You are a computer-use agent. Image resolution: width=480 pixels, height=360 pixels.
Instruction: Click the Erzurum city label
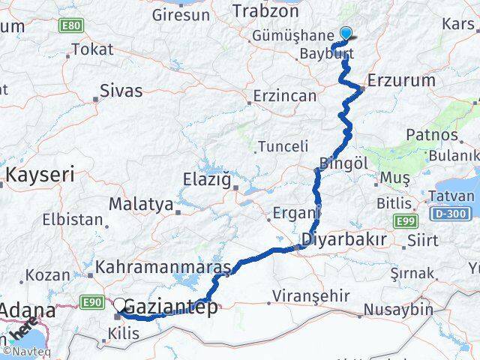click(x=401, y=80)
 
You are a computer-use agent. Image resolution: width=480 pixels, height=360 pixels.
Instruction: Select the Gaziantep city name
click(x=170, y=307)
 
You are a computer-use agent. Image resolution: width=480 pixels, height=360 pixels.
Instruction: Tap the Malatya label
click(x=141, y=204)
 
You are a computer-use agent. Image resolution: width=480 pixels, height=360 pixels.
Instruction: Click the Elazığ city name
click(x=208, y=179)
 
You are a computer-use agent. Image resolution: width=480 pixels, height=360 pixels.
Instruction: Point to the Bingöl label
click(x=343, y=163)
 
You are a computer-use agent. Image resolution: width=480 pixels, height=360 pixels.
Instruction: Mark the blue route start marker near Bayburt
click(x=346, y=33)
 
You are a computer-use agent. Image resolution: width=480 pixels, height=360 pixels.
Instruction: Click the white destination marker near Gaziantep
click(x=119, y=304)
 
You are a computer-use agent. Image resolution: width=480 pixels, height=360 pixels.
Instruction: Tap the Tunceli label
click(x=283, y=146)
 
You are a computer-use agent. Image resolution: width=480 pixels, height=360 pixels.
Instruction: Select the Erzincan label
click(x=285, y=96)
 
